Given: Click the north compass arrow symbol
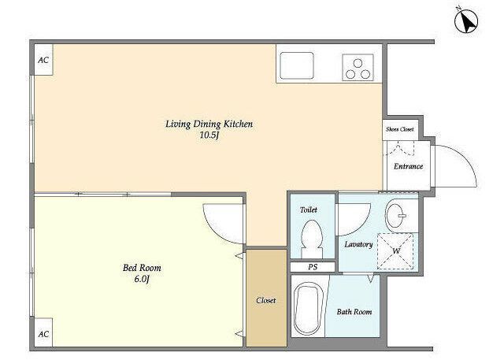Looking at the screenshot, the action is point(466,21).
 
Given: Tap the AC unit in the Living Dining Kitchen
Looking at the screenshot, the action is point(44,60).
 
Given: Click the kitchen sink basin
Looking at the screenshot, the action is point(297,65).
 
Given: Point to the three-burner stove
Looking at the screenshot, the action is point(358,67).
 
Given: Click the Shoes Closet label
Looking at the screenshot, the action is point(400,129).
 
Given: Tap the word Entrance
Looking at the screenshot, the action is point(408,166).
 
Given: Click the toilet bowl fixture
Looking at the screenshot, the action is point(312,239).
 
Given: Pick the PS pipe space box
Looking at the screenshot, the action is point(313,267).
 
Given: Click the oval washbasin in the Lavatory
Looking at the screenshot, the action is point(396,215).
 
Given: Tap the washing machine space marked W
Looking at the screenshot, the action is point(395,251).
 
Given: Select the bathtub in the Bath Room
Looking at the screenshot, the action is point(309,309).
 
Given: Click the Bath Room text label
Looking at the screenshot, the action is point(354,311).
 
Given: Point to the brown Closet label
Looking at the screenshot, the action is point(266,301).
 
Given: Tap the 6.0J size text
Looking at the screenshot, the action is point(142,280).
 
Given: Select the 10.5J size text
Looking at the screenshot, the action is point(209,135).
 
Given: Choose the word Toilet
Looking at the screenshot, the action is point(309,210).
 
